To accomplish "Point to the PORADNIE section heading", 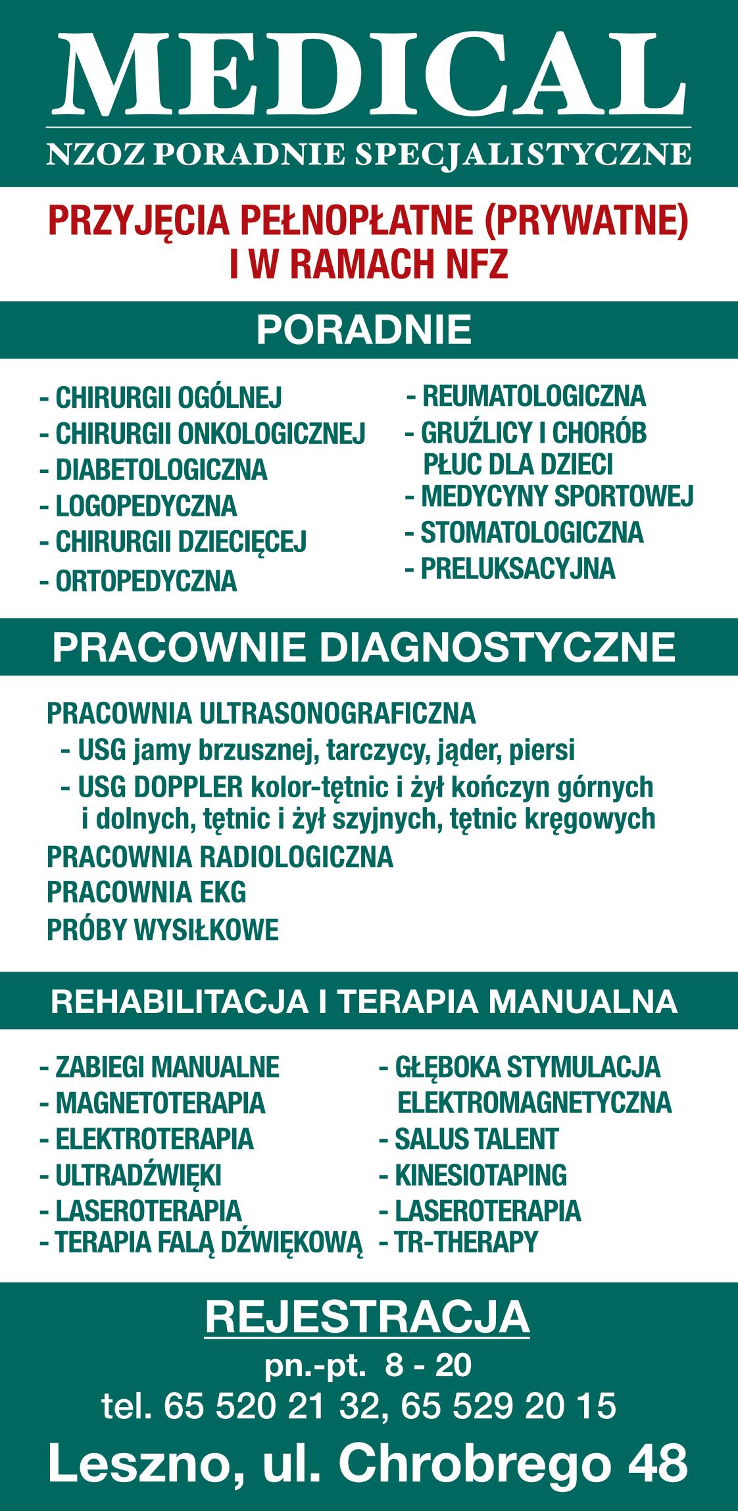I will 364,330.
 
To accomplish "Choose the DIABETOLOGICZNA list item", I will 161,470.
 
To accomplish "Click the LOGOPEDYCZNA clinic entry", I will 146,507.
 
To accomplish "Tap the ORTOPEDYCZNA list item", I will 146,582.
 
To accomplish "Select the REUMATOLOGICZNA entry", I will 533,397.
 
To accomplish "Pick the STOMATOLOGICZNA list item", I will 531,533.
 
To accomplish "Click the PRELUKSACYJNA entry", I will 518,569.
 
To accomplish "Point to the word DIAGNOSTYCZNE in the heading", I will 497,647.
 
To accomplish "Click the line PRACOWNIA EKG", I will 146,893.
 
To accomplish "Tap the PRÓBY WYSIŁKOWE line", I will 162,930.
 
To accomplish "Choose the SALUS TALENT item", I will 476,1139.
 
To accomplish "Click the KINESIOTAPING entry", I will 480,1176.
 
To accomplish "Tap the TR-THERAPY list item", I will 466,1242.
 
